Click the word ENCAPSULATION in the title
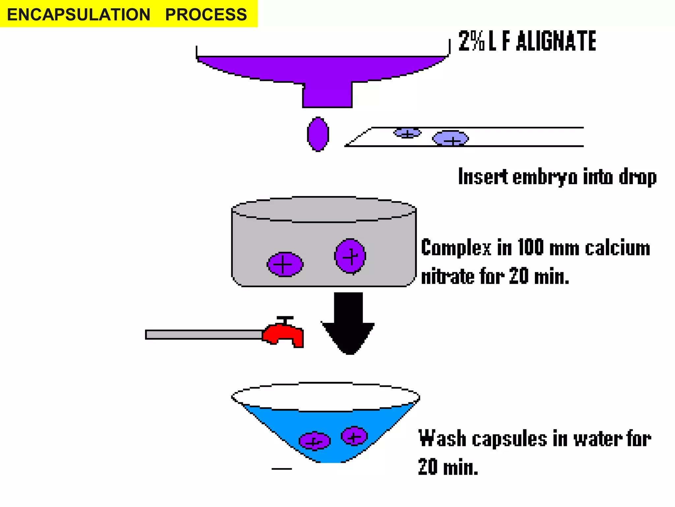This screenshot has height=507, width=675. click(78, 15)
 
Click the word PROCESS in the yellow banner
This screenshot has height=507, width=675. click(206, 15)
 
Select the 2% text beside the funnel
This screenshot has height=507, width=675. click(471, 41)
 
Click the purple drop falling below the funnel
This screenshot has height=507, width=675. click(318, 134)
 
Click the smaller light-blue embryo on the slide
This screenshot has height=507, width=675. click(407, 133)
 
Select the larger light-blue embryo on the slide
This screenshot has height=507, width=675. click(450, 139)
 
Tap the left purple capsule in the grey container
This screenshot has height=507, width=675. click(285, 264)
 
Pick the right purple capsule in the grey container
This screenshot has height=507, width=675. click(350, 256)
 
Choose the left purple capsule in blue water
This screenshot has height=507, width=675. click(314, 441)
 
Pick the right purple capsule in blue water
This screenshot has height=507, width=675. click(354, 436)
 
